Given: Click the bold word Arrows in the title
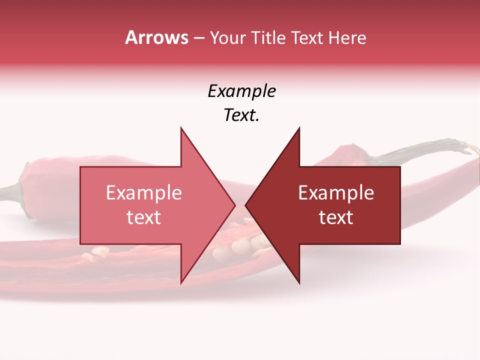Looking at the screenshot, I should pos(156,37).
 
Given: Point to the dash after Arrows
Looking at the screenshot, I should pos(198,38).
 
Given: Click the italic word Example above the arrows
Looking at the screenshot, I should pos(241,91).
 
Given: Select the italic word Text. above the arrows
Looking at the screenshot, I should pos(241,115).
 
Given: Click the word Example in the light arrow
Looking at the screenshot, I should pos(144,193).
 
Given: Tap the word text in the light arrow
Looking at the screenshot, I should pos(144,217).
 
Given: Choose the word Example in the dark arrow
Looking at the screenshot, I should pos(336,193).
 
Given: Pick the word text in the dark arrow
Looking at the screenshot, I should pos(336,217).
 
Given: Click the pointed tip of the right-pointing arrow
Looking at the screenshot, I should pos(234,205).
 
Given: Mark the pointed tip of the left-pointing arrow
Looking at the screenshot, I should pos(246,205).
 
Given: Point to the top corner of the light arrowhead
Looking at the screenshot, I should pos(181,128).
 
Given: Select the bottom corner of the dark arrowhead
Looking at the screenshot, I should pos(299,282).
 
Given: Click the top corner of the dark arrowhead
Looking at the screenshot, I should pos(299,128).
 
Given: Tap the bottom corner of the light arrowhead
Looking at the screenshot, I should pos(181,282).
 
